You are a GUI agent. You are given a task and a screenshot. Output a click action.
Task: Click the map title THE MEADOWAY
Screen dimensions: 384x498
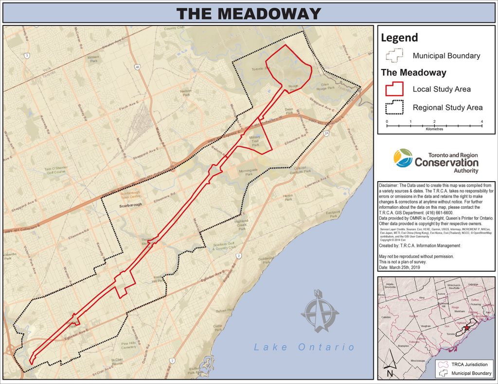point(249,13)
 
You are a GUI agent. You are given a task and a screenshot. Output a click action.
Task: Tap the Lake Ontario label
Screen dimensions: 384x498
point(304,347)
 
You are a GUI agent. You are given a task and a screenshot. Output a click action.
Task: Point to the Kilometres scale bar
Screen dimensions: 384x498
point(434,125)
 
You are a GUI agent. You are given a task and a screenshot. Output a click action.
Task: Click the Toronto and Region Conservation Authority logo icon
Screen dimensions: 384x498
point(404,158)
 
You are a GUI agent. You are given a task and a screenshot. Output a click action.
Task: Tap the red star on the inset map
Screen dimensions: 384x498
point(467,328)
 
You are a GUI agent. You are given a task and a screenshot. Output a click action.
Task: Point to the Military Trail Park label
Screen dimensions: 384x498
point(255,141)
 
